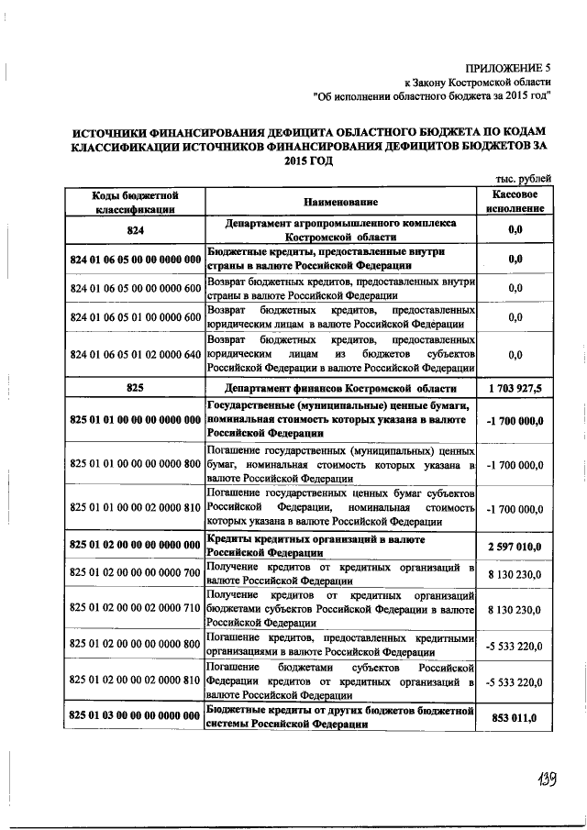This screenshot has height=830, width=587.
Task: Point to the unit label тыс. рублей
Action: [522, 179]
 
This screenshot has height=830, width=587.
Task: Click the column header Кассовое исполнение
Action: [515, 202]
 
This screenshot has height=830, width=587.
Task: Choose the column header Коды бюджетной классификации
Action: [135, 202]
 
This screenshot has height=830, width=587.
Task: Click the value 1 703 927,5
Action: [515, 388]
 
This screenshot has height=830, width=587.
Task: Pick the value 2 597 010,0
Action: [515, 546]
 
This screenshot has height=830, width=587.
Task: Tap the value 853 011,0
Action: [515, 715]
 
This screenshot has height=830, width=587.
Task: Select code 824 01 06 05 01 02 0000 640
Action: [135, 353]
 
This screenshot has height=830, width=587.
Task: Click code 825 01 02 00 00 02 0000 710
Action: [135, 608]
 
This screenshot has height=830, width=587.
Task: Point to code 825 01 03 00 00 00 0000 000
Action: [135, 715]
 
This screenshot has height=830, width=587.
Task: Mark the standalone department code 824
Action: [135, 230]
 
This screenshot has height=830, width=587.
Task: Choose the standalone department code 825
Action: [135, 388]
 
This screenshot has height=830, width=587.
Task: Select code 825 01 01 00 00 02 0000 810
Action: [135, 506]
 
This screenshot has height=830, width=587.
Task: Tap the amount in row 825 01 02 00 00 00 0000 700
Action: [515, 573]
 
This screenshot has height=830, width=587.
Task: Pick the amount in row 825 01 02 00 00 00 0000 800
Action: [515, 644]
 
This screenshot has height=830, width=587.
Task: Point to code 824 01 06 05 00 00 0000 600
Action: [135, 288]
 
